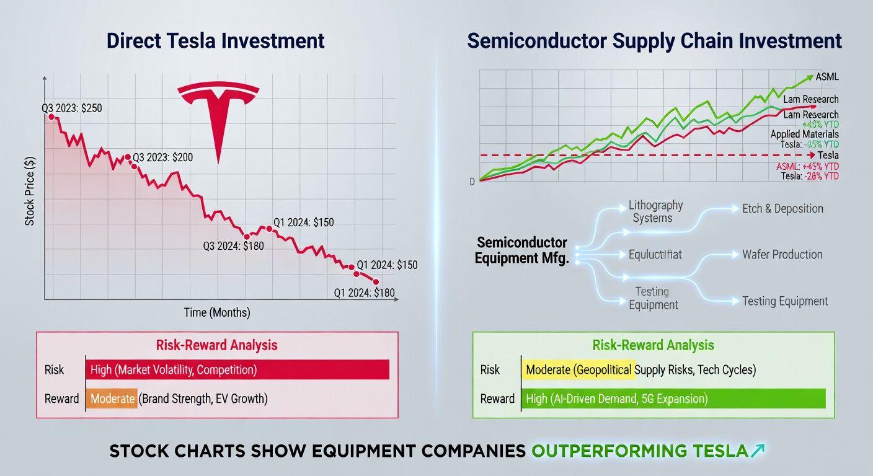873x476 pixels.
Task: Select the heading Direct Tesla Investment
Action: tap(215, 41)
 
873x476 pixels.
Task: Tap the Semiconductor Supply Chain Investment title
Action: tap(654, 41)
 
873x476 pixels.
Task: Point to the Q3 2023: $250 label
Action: tap(72, 108)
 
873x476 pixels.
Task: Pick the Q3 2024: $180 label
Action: tap(233, 246)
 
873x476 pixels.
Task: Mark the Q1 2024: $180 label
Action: tap(364, 293)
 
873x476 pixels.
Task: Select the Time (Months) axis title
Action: tap(217, 312)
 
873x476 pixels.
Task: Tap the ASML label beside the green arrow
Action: tap(827, 77)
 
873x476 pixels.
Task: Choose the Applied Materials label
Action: tap(804, 134)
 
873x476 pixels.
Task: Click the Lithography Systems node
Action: tap(655, 211)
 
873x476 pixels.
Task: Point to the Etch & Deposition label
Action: tap(782, 208)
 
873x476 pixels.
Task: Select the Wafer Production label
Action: tap(782, 254)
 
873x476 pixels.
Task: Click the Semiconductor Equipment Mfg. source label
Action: tap(521, 250)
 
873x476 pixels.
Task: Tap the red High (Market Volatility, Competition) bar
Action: tap(237, 370)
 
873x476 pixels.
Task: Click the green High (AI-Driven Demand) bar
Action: tap(674, 399)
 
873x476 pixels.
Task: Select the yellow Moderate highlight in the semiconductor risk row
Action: tap(578, 370)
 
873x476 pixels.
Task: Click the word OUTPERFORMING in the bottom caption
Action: tap(640, 451)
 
